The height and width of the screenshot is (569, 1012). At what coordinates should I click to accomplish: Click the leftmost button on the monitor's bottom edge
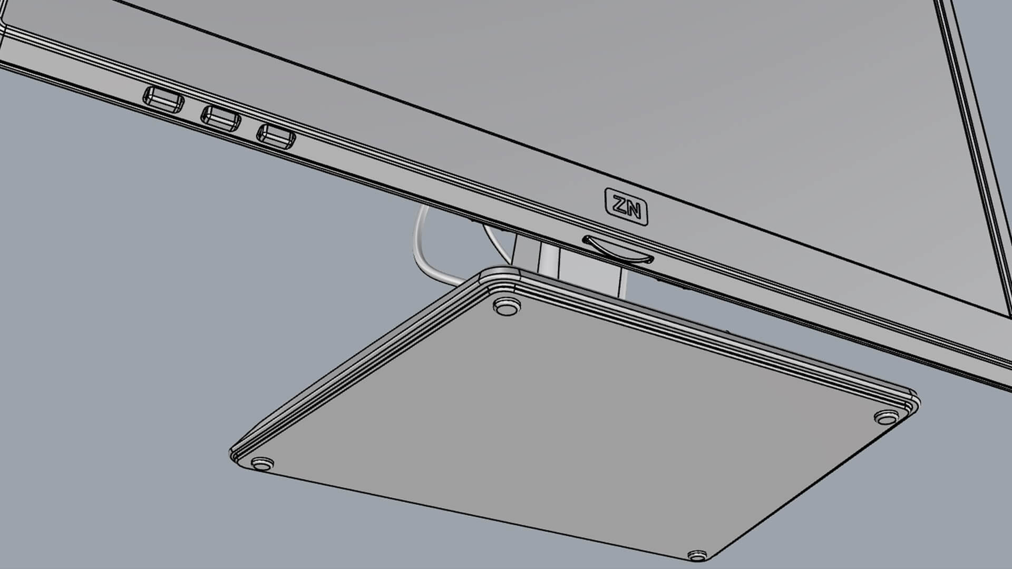163,100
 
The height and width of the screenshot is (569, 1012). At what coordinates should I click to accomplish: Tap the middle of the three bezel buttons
221,119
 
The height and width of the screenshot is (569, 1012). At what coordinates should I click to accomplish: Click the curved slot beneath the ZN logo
618,251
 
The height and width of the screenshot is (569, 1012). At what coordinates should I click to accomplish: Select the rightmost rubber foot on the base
888,417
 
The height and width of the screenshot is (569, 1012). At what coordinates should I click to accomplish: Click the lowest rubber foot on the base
697,555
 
